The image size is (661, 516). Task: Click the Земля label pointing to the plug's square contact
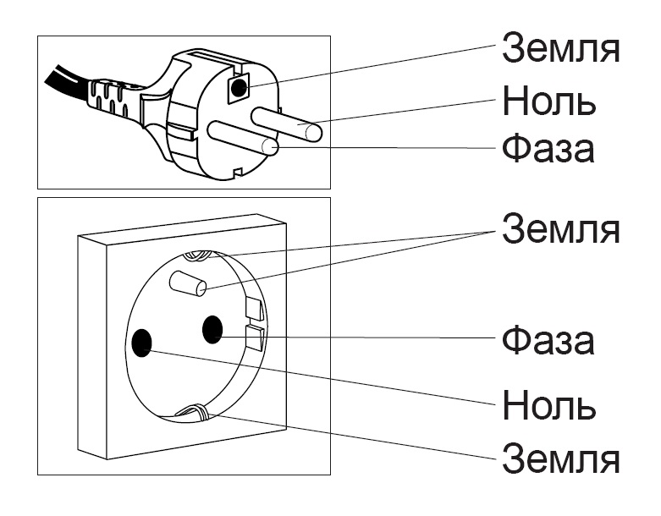pyautogui.click(x=561, y=48)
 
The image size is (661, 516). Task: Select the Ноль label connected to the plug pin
pyautogui.click(x=549, y=102)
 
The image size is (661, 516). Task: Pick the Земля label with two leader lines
pyautogui.click(x=561, y=228)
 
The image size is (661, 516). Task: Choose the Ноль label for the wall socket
pyautogui.click(x=549, y=405)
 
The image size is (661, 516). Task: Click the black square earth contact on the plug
pyautogui.click(x=240, y=87)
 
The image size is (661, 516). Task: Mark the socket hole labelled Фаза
pyautogui.click(x=212, y=328)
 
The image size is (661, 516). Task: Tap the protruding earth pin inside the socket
pyautogui.click(x=188, y=283)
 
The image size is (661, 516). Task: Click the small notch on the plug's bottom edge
pyautogui.click(x=239, y=175)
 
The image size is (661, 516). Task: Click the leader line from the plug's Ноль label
pyautogui.click(x=406, y=113)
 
